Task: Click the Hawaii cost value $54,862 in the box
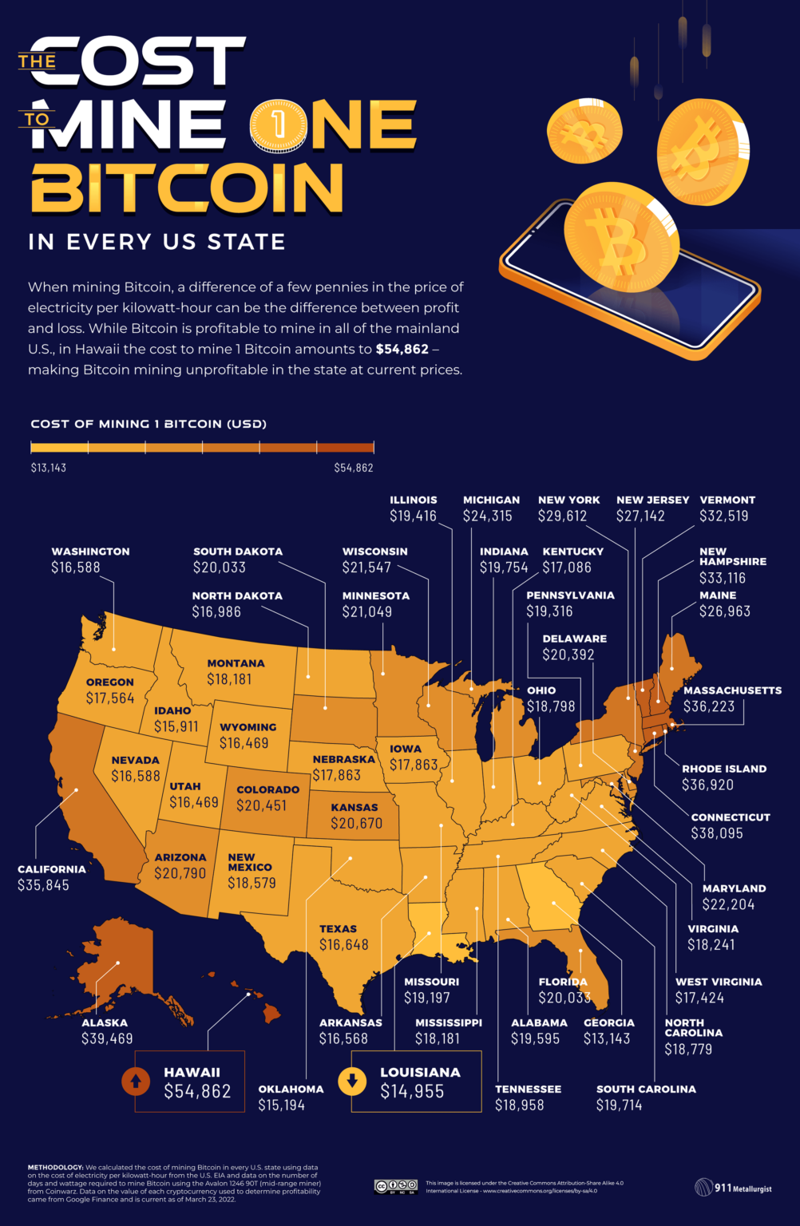(x=197, y=1091)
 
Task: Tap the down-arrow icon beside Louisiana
(x=351, y=1082)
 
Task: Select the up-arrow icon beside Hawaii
(x=135, y=1082)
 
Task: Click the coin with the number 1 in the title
(x=278, y=125)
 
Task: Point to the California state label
(x=51, y=869)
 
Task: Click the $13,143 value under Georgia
(x=606, y=1038)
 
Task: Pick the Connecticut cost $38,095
(x=716, y=833)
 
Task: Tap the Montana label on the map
(x=236, y=663)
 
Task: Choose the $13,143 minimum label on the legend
(x=49, y=468)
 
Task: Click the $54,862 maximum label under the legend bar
(x=353, y=468)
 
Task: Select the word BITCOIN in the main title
(x=188, y=188)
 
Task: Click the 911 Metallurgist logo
(x=733, y=1188)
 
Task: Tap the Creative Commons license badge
(x=395, y=1186)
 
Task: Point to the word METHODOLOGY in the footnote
(x=55, y=1168)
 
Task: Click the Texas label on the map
(x=338, y=929)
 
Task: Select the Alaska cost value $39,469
(x=107, y=1038)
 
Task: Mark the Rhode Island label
(x=723, y=769)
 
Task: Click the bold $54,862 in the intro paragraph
(x=402, y=350)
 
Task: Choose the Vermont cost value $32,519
(x=723, y=516)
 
